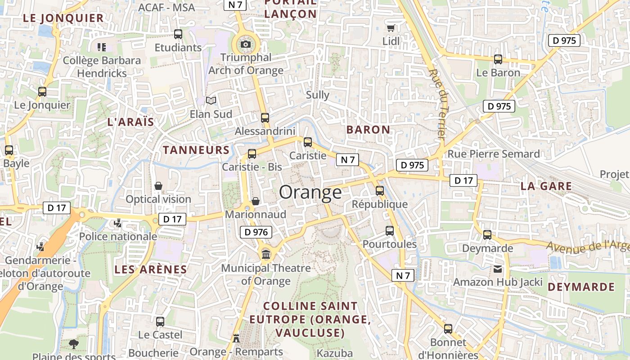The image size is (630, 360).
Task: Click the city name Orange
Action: click(x=310, y=192)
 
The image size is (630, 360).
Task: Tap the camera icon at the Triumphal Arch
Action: click(x=246, y=44)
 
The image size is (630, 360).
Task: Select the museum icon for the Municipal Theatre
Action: click(x=266, y=255)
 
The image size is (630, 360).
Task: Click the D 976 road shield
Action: click(x=256, y=232)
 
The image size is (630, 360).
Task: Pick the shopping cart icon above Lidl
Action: click(x=391, y=28)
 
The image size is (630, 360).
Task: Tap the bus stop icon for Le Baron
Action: click(x=498, y=59)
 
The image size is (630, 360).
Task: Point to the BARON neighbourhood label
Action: click(x=368, y=130)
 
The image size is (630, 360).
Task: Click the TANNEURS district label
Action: click(x=196, y=150)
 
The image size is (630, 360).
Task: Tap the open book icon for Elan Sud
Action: click(x=211, y=100)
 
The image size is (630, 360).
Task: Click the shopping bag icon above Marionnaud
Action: click(x=256, y=201)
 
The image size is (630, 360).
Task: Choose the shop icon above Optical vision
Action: click(x=158, y=186)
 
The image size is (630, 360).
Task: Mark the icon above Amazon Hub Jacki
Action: click(x=497, y=269)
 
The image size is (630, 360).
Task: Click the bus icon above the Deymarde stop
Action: click(x=487, y=234)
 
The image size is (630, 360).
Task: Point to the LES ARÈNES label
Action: click(x=150, y=270)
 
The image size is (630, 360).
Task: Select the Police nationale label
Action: click(x=118, y=236)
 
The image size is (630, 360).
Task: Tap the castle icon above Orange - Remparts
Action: click(x=236, y=338)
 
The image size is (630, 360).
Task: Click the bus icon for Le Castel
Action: click(x=160, y=321)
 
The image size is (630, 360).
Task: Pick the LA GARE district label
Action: click(x=546, y=186)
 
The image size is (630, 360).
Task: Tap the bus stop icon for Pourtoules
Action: click(x=390, y=231)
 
